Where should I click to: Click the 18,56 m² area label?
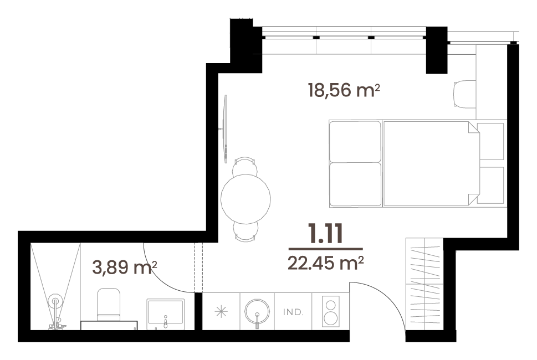344,90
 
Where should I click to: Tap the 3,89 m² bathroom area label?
125,268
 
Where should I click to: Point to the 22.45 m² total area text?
325,263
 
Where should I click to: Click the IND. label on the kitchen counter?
293,312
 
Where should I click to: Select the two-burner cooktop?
330,311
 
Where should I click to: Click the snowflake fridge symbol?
221,311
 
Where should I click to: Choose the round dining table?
246,199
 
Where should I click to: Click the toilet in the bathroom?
109,304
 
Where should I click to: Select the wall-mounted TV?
225,129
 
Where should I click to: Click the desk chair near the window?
465,95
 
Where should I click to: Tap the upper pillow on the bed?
355,142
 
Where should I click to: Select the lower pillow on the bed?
355,184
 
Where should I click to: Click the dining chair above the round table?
244,166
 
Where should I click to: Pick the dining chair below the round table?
245,230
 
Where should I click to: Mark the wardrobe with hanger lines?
425,285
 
